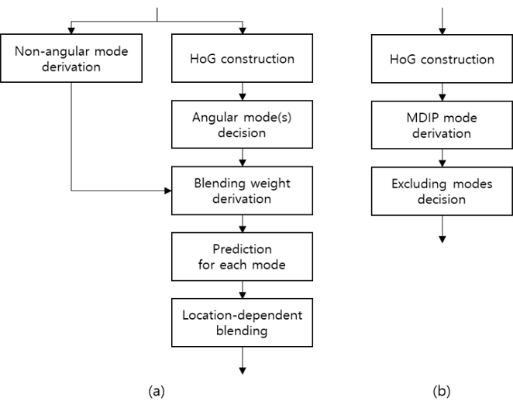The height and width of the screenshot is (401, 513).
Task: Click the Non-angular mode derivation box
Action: click(71, 59)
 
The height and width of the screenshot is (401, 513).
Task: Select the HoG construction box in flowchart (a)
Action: click(243, 59)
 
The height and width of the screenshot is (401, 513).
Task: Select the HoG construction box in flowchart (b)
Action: click(442, 59)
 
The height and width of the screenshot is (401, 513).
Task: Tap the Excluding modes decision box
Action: click(442, 192)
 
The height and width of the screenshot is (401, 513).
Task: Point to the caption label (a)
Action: click(157, 390)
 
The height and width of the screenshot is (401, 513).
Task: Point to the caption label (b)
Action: click(442, 390)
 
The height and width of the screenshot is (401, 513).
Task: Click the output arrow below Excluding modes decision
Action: click(442, 228)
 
